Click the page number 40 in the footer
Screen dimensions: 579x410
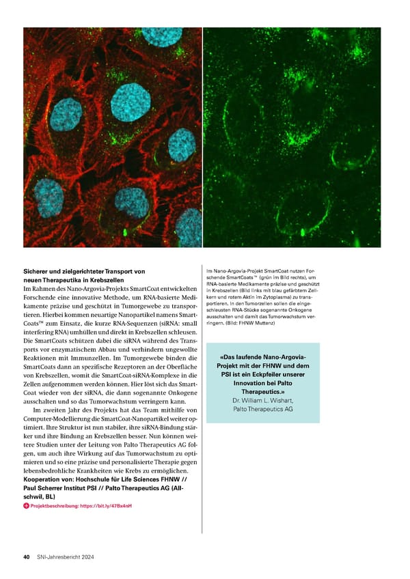pyautogui.click(x=26, y=557)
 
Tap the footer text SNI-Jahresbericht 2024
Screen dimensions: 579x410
pyautogui.click(x=65, y=557)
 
